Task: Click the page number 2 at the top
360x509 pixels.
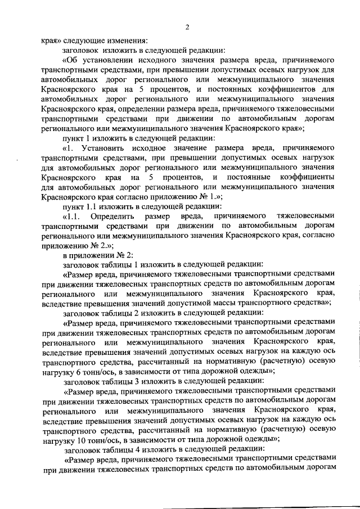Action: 188,28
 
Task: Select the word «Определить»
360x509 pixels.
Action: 110,216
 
